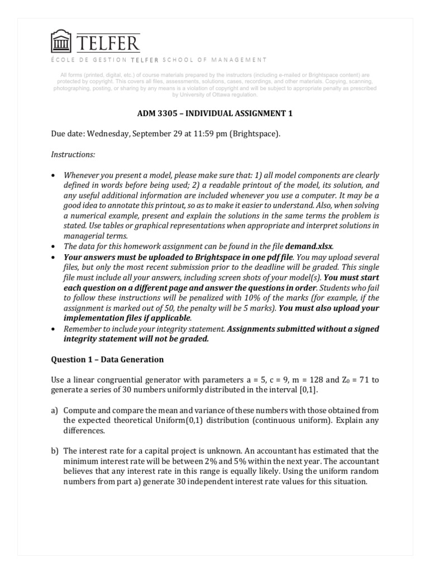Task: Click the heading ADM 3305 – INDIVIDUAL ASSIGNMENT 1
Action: coord(215,113)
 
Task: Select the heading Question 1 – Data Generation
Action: coord(107,359)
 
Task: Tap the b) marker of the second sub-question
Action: coord(55,451)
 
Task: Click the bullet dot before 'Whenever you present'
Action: coord(54,174)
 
